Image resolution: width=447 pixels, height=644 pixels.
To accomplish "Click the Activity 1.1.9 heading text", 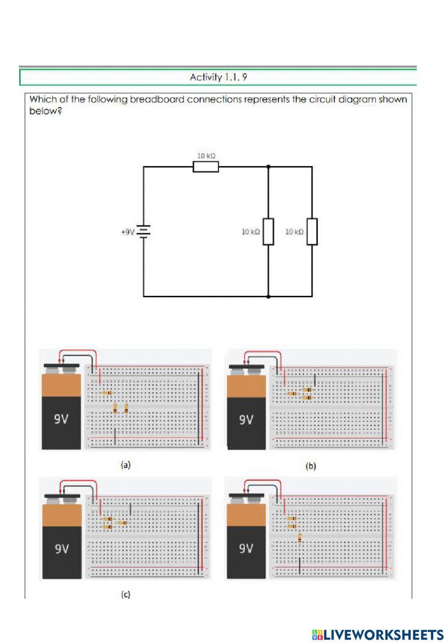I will [218, 77].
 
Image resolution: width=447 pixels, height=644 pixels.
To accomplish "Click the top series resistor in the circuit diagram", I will [206, 167].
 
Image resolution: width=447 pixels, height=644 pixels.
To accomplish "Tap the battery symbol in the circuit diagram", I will [143, 232].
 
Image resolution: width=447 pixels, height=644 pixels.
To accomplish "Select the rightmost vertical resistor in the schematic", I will [312, 232].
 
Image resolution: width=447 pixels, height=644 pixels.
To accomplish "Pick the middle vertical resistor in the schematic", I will [268, 232].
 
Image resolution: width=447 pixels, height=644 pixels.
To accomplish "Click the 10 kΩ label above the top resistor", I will [206, 156].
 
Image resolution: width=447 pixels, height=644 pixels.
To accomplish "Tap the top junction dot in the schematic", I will [268, 167].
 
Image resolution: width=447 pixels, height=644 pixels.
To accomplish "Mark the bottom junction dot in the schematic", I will [268, 296].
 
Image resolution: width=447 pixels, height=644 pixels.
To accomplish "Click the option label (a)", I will [126, 465].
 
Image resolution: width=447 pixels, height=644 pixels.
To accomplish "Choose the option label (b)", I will [310, 466].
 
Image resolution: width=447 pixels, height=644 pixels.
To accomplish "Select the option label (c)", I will [126, 594].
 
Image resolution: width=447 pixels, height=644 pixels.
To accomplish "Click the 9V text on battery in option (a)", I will [61, 419].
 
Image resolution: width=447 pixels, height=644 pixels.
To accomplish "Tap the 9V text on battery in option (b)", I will [246, 420].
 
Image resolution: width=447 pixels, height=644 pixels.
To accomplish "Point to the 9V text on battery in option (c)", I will [62, 548].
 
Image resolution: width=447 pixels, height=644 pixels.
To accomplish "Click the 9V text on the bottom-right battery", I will [246, 548].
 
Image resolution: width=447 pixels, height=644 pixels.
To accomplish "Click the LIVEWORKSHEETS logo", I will [378, 635].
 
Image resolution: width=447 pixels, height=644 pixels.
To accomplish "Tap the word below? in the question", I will [45, 111].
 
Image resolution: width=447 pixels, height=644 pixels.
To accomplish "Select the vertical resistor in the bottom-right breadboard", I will [299, 539].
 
